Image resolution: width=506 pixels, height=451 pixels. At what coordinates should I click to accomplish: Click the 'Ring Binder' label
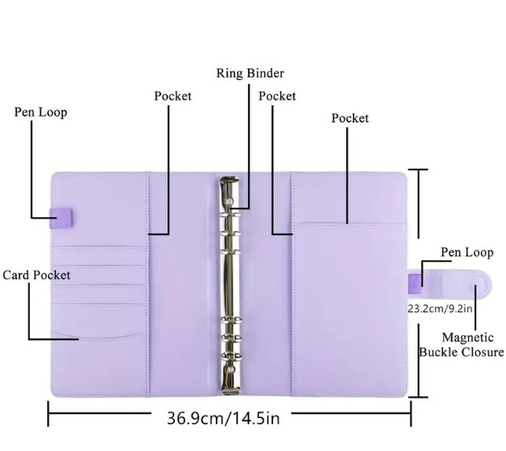coord(250,73)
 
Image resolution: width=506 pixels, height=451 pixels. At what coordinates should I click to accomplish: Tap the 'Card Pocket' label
coord(36,275)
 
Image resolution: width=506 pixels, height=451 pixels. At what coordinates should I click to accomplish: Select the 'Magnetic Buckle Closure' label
coord(461,345)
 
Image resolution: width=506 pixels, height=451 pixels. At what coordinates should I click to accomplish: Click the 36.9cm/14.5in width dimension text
coord(224,418)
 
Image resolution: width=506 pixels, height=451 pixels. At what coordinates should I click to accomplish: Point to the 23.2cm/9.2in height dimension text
coord(440,309)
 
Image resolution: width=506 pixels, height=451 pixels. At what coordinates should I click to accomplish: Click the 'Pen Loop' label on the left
coord(41,112)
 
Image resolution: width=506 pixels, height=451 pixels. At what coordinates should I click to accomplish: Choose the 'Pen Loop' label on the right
coord(468,253)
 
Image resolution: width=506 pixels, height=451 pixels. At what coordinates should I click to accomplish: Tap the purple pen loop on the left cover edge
coord(60,218)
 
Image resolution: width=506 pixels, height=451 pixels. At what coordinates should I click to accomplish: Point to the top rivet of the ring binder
coord(229,202)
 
